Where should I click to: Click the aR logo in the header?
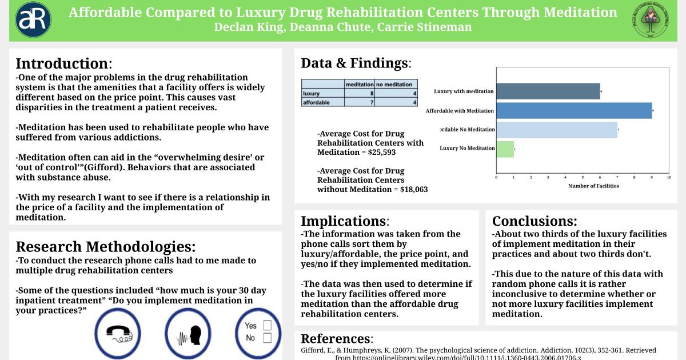coord(33,20)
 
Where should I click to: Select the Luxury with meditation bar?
coord(548,91)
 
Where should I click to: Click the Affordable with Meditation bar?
coord(574,110)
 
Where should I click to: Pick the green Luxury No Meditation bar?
coord(505,149)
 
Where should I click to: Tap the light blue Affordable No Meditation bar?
coord(556,130)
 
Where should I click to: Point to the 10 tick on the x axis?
coord(669,177)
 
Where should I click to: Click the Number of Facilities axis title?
coord(593,186)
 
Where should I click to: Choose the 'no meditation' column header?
coord(396,84)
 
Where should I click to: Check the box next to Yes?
coord(266,326)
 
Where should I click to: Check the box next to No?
coord(266,338)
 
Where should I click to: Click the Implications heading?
coord(344,221)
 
